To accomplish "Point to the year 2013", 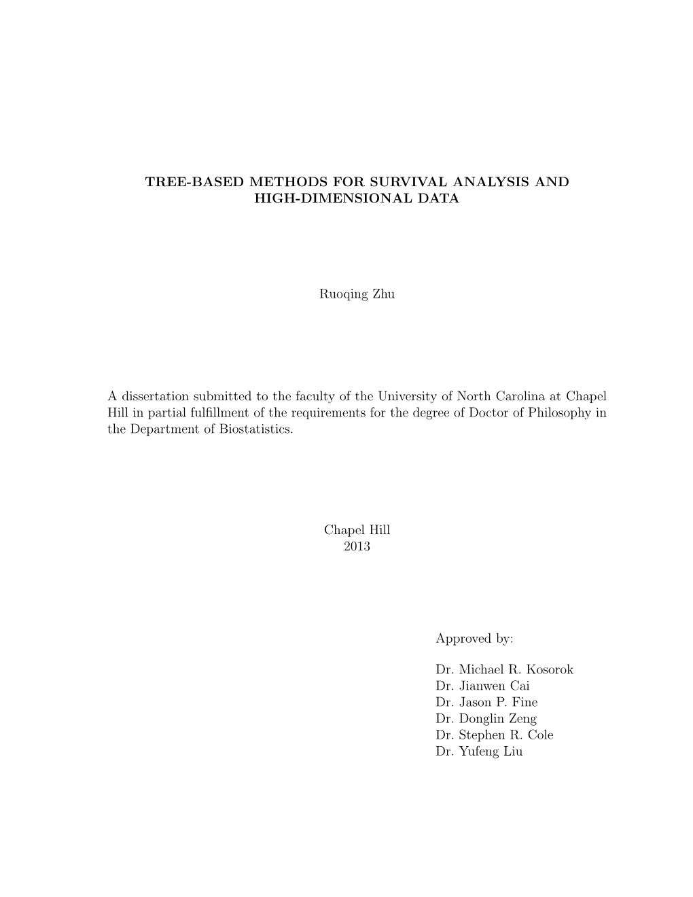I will click(x=357, y=546).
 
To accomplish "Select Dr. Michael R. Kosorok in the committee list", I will click(x=504, y=669).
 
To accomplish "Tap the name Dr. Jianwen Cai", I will click(x=482, y=686).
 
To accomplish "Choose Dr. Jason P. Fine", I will click(x=486, y=702).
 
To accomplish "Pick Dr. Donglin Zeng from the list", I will click(x=486, y=718).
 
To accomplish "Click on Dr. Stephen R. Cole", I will click(x=495, y=735).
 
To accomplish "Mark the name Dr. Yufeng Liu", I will click(x=479, y=752).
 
